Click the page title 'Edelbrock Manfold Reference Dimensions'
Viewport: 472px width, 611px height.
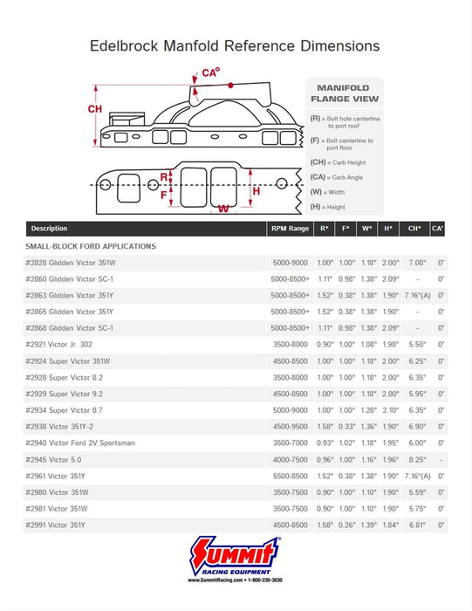tap(236, 45)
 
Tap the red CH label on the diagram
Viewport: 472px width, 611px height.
tap(96, 109)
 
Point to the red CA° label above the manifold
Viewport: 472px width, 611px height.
tap(209, 73)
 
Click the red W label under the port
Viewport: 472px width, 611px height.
tap(224, 209)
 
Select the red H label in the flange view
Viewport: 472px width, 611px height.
tap(256, 190)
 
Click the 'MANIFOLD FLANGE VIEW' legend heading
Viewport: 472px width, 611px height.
tap(343, 93)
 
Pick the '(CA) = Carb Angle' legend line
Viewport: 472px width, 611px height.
tap(337, 177)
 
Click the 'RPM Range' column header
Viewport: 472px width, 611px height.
tap(290, 229)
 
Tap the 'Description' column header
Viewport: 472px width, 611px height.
tap(49, 229)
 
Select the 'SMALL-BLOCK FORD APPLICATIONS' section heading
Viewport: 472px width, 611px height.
tap(92, 247)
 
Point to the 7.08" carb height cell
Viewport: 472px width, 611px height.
tap(417, 263)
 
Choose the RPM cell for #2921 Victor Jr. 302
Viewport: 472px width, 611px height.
tap(290, 345)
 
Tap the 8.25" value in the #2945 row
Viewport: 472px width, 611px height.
tap(417, 459)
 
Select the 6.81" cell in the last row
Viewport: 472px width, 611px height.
tap(417, 525)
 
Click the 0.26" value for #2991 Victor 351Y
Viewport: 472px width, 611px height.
tap(347, 525)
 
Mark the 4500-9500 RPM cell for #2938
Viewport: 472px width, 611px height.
tap(290, 427)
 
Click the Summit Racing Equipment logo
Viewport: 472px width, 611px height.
tap(236, 556)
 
